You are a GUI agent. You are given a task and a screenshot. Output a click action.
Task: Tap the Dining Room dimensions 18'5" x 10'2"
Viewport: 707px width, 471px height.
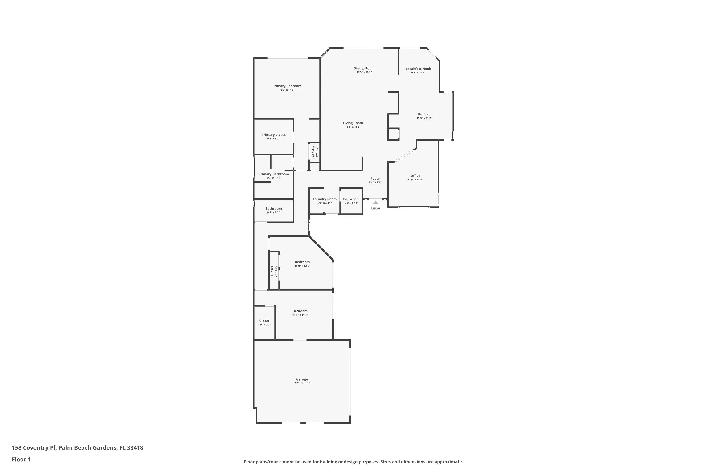click(x=364, y=72)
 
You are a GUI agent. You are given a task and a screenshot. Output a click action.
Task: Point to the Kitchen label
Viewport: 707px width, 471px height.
click(x=424, y=114)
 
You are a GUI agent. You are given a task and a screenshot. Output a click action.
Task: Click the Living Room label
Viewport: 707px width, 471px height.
click(x=353, y=123)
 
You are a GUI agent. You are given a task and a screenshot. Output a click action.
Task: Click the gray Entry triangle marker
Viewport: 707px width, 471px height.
click(x=375, y=203)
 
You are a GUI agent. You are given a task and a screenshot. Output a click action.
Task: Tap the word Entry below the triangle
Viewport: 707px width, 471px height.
click(x=375, y=208)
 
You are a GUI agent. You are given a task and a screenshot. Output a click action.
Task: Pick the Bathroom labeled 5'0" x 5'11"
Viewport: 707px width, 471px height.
click(x=351, y=199)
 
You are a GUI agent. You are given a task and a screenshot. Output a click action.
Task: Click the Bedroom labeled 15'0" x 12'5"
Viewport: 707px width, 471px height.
click(x=302, y=262)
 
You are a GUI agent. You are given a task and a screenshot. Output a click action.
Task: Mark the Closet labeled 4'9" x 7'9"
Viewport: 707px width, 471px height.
click(x=264, y=321)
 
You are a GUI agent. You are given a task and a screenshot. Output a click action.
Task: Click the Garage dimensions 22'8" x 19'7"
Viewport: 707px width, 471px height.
click(x=302, y=383)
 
